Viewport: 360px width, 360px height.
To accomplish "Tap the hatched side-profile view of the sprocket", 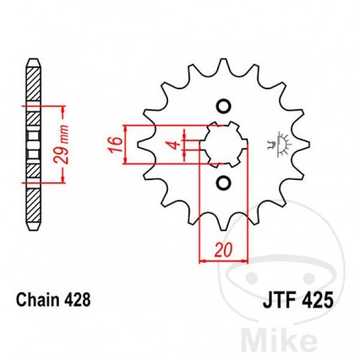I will (x=32, y=143).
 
